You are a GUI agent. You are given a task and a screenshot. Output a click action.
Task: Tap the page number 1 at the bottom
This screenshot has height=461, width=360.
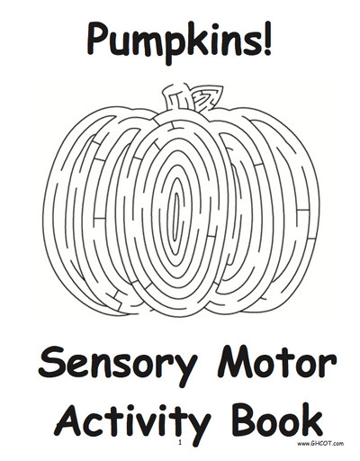[x=180, y=442]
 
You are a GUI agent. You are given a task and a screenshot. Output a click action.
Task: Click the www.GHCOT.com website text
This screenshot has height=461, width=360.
[x=320, y=443]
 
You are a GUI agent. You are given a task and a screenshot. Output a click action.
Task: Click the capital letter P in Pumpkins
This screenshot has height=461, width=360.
[x=98, y=39]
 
